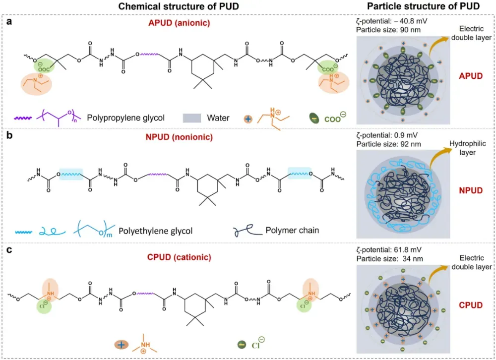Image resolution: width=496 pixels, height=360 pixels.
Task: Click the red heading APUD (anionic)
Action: (x=179, y=23)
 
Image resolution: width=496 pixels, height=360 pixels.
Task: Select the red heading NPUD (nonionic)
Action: (x=179, y=137)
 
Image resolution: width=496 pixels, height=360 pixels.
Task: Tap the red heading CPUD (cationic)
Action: (x=179, y=257)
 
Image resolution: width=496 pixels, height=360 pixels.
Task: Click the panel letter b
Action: (x=9, y=135)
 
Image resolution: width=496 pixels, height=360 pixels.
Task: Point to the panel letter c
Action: (x=9, y=250)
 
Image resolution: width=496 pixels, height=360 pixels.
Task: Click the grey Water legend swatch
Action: (x=191, y=118)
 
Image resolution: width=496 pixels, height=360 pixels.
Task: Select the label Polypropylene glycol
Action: (x=125, y=118)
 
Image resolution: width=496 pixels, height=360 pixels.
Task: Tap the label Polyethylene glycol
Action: (x=155, y=231)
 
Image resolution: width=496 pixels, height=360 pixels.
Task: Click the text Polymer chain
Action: (x=292, y=230)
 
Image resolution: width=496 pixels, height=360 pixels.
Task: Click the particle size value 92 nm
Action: (x=410, y=144)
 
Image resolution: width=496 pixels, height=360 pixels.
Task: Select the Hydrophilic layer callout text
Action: (x=468, y=148)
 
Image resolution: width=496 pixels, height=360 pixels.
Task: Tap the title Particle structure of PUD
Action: (x=423, y=6)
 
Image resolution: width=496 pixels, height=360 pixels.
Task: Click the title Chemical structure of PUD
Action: (x=179, y=6)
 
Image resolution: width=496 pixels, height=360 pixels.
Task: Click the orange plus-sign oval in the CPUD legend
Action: (x=121, y=345)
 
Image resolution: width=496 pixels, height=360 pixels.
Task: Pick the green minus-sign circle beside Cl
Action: (x=242, y=345)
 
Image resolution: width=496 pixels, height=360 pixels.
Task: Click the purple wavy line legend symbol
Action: (x=23, y=118)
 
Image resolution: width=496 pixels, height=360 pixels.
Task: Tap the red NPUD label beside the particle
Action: (x=471, y=190)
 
